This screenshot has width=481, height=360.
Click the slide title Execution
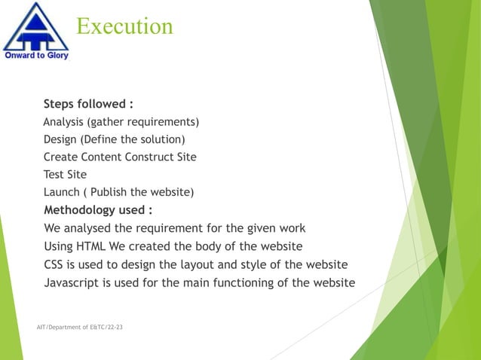[x=124, y=27]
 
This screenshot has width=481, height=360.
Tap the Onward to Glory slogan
[x=36, y=56]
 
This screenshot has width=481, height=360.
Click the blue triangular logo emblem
[x=35, y=27]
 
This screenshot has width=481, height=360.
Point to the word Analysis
[x=64, y=122]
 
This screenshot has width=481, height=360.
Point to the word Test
[x=54, y=175]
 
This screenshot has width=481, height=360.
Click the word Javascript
[x=72, y=282]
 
